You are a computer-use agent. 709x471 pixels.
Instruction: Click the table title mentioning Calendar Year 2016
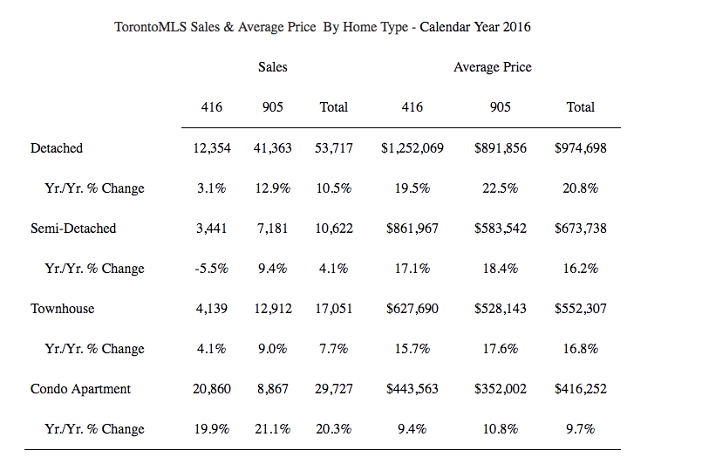[x=323, y=27]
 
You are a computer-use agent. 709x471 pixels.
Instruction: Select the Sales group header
[x=273, y=67]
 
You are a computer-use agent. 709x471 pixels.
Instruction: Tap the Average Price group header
[x=493, y=67]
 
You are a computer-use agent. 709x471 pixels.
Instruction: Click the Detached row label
[x=57, y=148]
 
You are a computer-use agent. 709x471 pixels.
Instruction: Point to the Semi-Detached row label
[x=73, y=228]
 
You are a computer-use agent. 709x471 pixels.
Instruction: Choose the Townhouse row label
[x=63, y=309]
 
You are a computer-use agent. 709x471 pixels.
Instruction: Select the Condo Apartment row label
[x=80, y=389]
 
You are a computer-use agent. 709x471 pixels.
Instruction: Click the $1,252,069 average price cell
[x=412, y=148]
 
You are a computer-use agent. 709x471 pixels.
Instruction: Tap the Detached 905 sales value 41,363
[x=273, y=148]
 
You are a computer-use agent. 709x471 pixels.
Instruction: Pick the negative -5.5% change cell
[x=212, y=269]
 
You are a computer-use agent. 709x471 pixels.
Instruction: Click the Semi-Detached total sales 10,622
[x=334, y=228]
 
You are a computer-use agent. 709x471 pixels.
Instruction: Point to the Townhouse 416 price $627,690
[x=412, y=309]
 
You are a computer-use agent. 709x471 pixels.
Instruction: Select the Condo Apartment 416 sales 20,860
[x=212, y=389]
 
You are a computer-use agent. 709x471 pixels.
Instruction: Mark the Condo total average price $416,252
[x=581, y=389]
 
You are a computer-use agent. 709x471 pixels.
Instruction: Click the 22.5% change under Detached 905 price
[x=500, y=188]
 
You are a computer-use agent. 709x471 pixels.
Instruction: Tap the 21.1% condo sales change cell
[x=273, y=429]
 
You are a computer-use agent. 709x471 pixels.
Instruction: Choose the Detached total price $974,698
[x=581, y=148]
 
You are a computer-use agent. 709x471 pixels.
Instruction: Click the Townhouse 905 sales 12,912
[x=273, y=309]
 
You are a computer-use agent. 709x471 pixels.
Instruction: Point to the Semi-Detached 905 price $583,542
[x=500, y=228]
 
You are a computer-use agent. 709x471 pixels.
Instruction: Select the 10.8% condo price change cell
[x=500, y=429]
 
